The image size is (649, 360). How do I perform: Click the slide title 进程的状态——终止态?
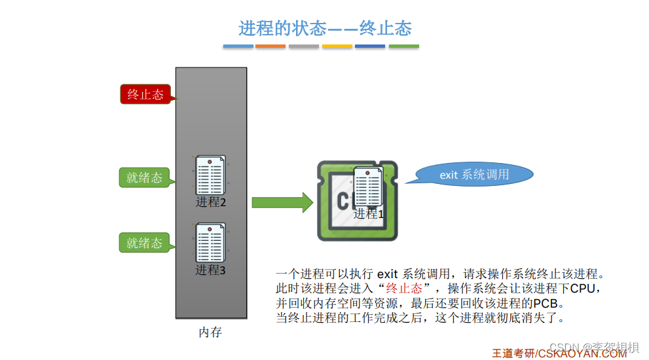point(325,28)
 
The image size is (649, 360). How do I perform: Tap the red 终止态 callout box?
point(145,94)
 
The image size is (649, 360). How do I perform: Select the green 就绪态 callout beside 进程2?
point(144,177)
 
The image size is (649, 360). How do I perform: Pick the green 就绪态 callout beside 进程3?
point(144,243)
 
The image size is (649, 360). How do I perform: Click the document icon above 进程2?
point(210,175)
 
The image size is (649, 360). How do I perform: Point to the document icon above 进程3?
point(210,242)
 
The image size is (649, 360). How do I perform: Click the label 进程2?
point(211,202)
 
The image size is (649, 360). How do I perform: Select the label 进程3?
point(210,270)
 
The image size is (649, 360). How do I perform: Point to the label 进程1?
point(369,214)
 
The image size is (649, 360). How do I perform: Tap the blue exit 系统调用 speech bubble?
point(474,175)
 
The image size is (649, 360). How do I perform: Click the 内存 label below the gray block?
point(210,333)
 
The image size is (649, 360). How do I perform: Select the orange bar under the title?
point(270,46)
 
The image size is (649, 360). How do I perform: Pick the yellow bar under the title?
point(337,46)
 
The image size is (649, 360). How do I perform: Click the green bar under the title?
point(403,46)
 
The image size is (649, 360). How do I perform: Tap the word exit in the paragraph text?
point(388,274)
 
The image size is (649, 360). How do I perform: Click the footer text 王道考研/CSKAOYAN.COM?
point(559,353)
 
